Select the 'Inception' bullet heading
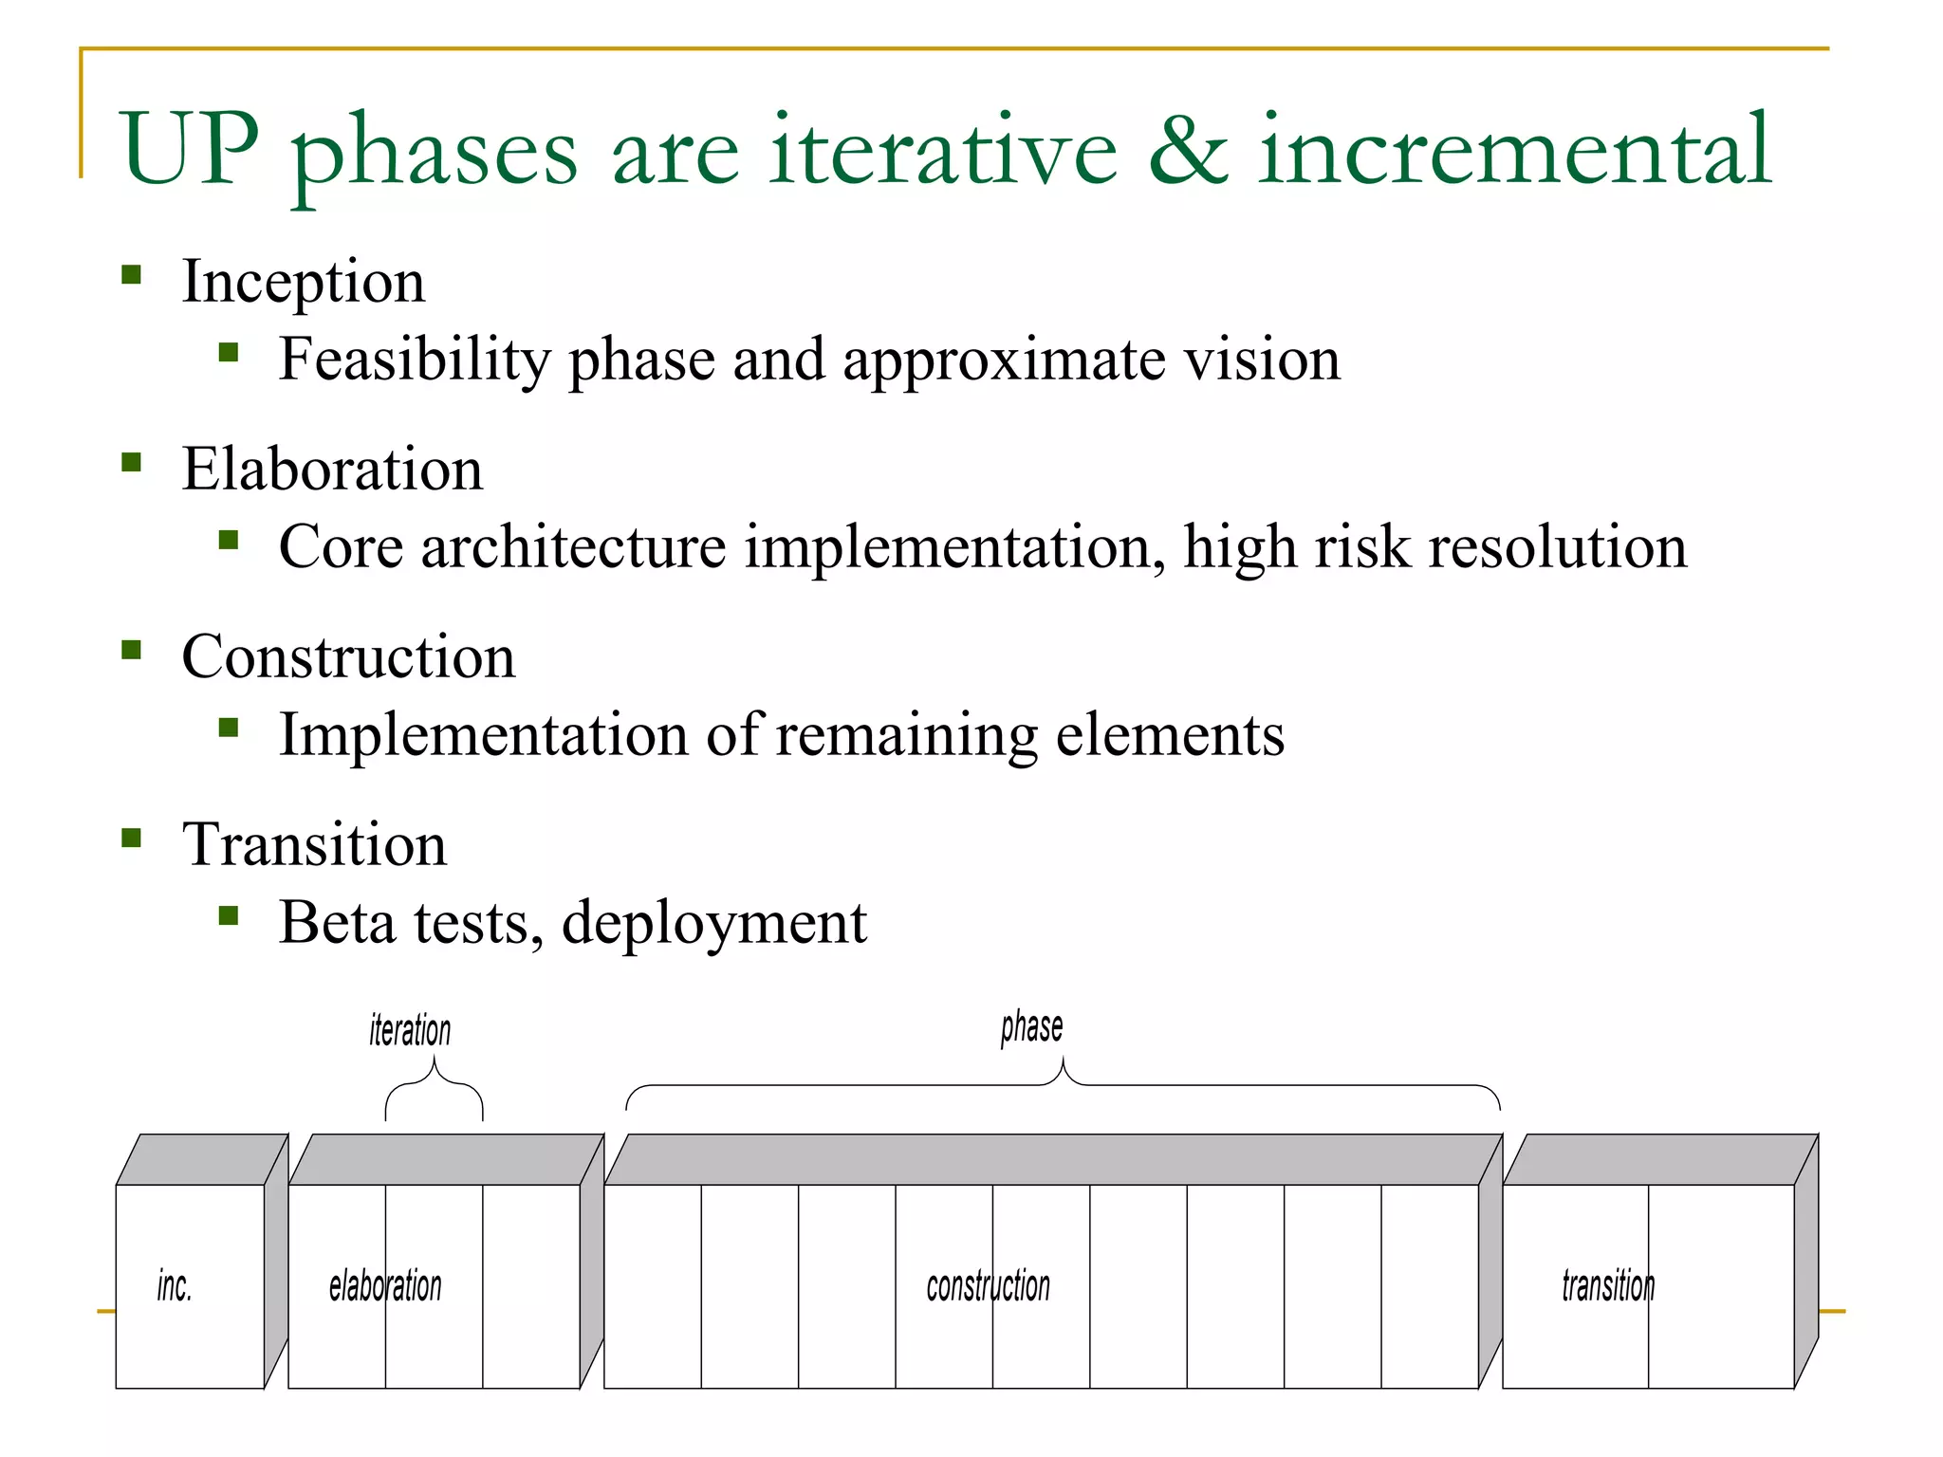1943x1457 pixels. coord(304,282)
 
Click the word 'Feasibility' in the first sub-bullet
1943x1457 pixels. coord(415,360)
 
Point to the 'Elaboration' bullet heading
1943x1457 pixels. coord(332,470)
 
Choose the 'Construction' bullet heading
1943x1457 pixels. coord(348,657)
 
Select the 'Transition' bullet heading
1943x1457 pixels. coord(314,844)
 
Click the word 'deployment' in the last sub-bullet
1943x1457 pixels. coord(713,923)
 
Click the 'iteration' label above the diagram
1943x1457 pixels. coord(410,1030)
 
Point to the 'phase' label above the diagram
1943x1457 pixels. coord(1031,1027)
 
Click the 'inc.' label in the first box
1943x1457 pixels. coord(175,1287)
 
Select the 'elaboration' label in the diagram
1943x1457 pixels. coord(385,1287)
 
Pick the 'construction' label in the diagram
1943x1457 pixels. coord(988,1287)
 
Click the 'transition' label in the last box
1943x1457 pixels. coord(1608,1287)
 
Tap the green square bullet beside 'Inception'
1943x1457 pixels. coord(132,276)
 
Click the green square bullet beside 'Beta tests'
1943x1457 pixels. coord(228,915)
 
